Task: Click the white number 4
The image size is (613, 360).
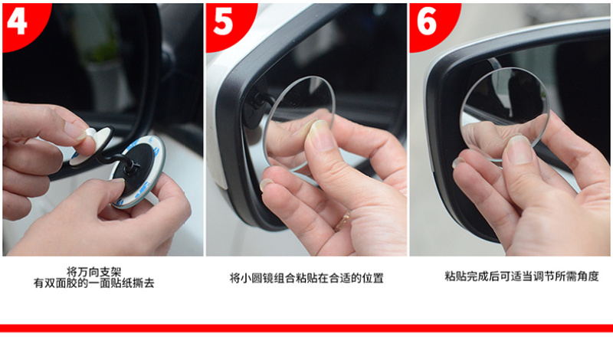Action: tap(17, 21)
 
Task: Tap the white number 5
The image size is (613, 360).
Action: tap(223, 22)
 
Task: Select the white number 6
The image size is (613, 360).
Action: tap(427, 22)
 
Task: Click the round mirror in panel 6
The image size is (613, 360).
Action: tap(505, 114)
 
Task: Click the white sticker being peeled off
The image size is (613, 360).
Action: tap(84, 146)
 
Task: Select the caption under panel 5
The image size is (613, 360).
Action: tap(306, 278)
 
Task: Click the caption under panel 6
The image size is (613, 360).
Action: tap(522, 277)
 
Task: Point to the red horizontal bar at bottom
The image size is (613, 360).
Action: tap(306, 328)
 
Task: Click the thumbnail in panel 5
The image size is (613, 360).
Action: tap(320, 136)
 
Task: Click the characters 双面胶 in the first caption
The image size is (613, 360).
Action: tap(61, 283)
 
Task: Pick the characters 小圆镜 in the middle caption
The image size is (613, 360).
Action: tap(257, 278)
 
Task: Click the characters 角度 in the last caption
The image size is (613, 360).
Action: tap(588, 277)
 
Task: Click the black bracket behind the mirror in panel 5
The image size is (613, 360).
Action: tap(259, 103)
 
